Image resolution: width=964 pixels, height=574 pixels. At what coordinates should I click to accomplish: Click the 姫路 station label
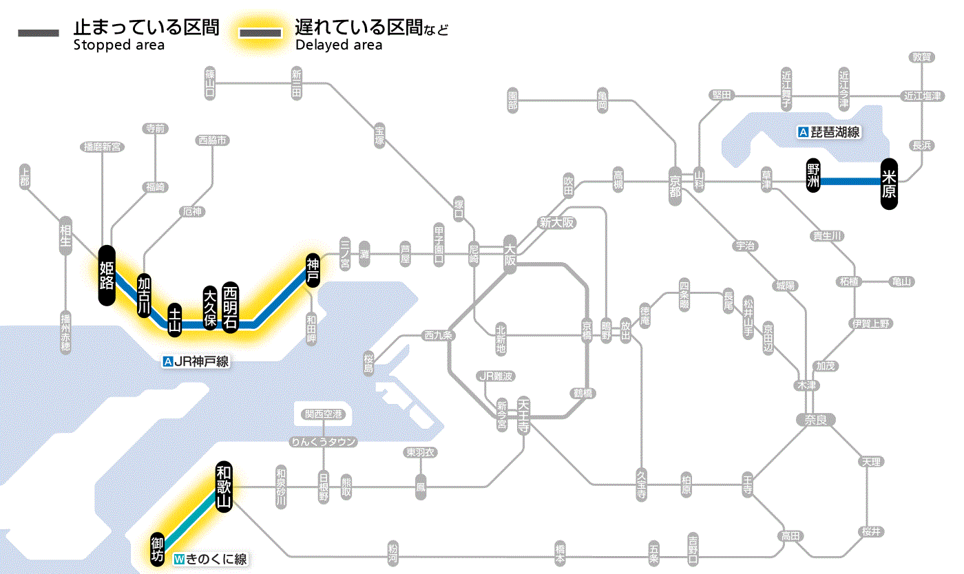pyautogui.click(x=107, y=275)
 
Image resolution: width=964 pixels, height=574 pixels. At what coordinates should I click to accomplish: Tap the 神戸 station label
pyautogui.click(x=313, y=270)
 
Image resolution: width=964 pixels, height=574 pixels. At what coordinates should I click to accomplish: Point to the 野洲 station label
pyautogui.click(x=814, y=176)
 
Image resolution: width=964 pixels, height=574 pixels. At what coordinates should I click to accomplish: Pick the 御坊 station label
pyautogui.click(x=158, y=548)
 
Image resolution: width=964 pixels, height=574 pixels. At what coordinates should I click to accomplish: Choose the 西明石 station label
pyautogui.click(x=230, y=307)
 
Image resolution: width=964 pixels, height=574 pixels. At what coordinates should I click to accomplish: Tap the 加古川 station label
pyautogui.click(x=144, y=295)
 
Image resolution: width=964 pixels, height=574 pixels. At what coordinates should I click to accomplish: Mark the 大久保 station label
pyautogui.click(x=210, y=307)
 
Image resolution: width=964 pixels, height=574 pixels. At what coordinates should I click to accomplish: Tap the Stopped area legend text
pyautogui.click(x=118, y=45)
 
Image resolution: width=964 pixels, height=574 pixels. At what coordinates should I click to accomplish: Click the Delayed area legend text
pyautogui.click(x=338, y=45)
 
